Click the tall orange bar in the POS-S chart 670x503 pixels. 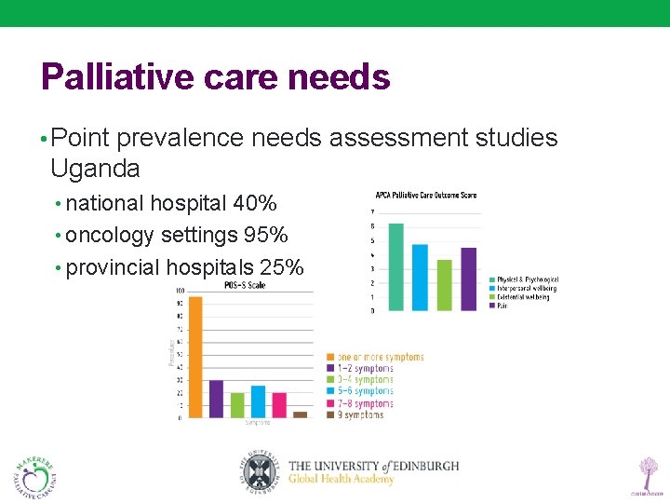click(195, 356)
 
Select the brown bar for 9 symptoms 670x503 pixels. click(300, 415)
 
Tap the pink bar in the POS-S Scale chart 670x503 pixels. click(279, 404)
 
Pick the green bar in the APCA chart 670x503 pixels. click(445, 285)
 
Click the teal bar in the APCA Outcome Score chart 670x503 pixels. click(396, 266)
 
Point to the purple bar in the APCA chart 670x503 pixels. click(469, 279)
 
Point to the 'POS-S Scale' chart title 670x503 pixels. click(246, 285)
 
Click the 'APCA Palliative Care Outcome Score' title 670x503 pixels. click(426, 196)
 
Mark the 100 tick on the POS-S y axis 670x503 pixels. click(179, 291)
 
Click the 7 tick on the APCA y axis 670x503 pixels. click(373, 212)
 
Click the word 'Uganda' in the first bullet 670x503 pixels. click(95, 169)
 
